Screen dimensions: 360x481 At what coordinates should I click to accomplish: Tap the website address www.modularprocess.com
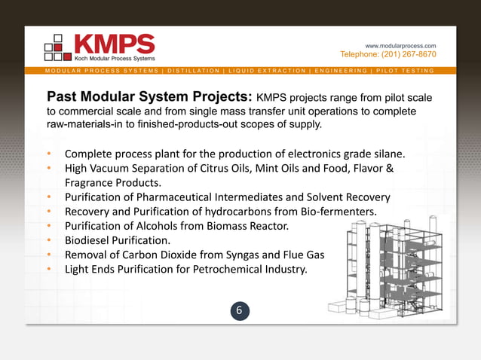[400, 46]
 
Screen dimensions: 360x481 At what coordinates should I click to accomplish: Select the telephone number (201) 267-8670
[388, 54]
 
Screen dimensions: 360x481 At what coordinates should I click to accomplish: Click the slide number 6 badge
[240, 310]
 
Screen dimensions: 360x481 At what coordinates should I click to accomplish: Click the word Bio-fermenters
[339, 212]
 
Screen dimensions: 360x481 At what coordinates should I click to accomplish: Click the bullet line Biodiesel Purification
[117, 241]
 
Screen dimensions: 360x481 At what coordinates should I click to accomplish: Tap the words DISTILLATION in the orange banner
[194, 71]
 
